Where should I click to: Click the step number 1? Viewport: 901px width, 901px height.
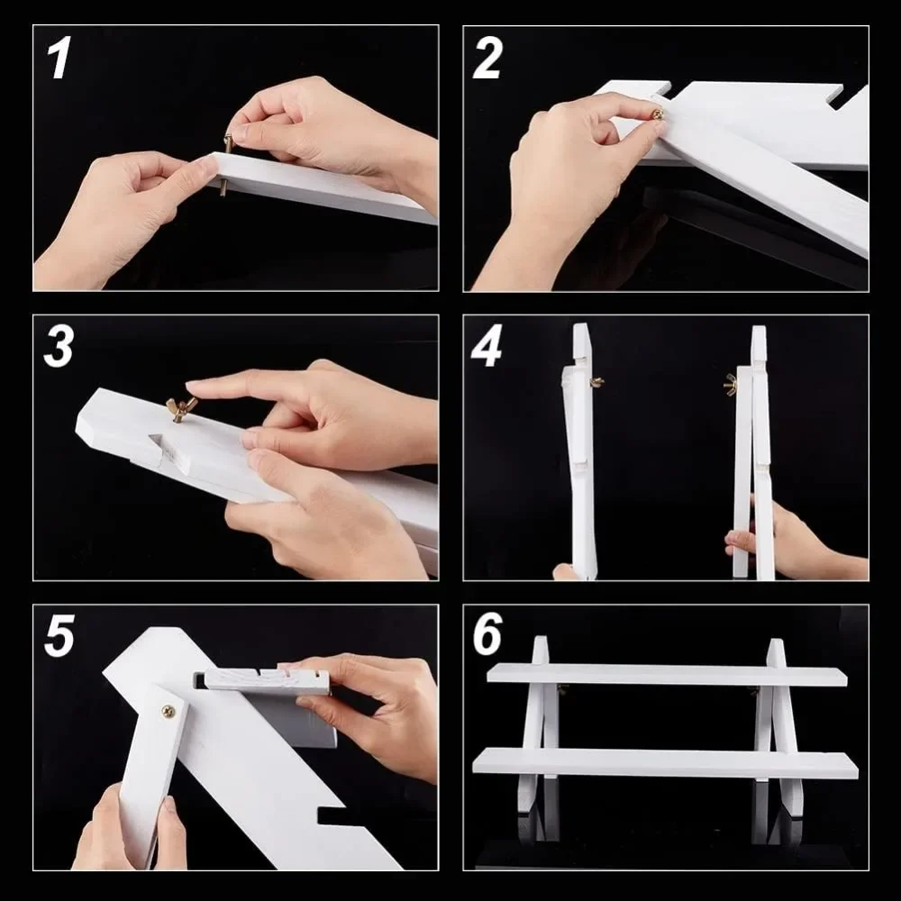(59, 58)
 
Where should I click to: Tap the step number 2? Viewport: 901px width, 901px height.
(487, 58)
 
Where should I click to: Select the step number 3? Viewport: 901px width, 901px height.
(58, 346)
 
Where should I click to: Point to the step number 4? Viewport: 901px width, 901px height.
(487, 346)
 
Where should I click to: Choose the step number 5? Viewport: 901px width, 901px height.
(59, 635)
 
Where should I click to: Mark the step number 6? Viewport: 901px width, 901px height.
(487, 634)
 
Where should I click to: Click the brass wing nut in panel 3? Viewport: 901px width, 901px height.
(180, 408)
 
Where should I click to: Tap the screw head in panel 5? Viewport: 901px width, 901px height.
(168, 712)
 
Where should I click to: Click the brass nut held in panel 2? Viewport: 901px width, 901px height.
(658, 114)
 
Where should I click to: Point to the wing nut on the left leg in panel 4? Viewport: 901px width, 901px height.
(597, 382)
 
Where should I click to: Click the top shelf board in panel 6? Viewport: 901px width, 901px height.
(667, 675)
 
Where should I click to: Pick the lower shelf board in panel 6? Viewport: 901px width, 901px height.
(666, 762)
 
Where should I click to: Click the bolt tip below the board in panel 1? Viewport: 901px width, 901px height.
(223, 188)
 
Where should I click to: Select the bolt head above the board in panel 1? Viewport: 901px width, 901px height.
(229, 143)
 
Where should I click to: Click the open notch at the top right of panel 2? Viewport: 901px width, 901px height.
(834, 97)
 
